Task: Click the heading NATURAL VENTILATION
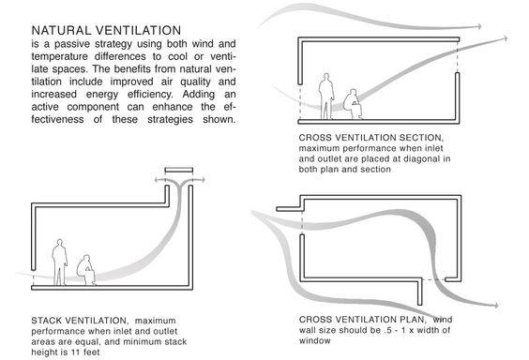[106, 30]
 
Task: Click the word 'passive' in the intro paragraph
[71, 44]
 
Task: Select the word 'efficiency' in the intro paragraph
[150, 95]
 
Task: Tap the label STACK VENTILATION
[79, 321]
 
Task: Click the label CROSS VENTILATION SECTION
[370, 138]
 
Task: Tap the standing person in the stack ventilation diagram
[60, 262]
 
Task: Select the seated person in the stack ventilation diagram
[86, 270]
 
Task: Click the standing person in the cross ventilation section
[326, 97]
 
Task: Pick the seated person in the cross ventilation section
[353, 104]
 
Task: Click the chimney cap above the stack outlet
[179, 171]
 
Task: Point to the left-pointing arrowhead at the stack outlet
[158, 180]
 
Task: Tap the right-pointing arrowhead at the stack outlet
[202, 180]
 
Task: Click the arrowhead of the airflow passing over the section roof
[478, 26]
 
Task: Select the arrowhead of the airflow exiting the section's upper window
[505, 38]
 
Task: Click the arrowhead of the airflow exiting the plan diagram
[495, 306]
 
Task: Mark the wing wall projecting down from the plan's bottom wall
[419, 292]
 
